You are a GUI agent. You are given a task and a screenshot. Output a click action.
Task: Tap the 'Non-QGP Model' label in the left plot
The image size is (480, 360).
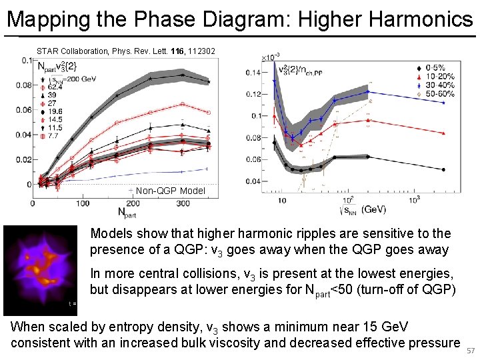(x=170, y=191)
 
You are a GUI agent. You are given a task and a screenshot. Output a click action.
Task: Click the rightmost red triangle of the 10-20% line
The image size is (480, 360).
(x=445, y=133)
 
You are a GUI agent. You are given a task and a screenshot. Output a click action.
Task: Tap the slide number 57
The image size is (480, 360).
(x=471, y=351)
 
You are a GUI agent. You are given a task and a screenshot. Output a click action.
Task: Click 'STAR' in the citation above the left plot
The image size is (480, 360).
(x=47, y=51)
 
